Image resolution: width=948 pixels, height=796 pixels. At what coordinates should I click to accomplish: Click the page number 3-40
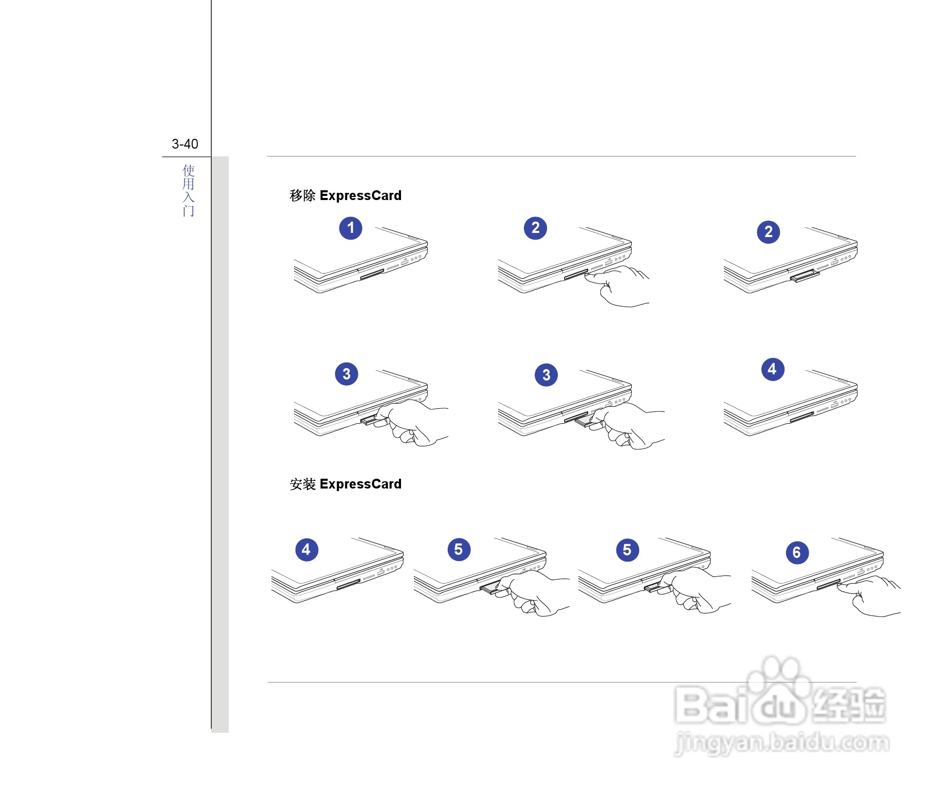(x=185, y=144)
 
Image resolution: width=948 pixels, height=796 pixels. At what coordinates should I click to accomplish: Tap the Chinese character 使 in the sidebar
(x=189, y=170)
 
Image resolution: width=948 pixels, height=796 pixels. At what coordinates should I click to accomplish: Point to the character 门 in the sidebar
(x=189, y=211)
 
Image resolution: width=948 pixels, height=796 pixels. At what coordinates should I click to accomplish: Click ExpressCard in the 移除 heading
(x=360, y=196)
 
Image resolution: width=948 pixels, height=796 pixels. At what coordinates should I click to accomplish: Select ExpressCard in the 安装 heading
(x=360, y=484)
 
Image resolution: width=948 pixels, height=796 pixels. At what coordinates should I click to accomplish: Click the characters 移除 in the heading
(x=302, y=196)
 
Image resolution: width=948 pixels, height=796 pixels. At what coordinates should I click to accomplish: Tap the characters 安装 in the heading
(x=302, y=484)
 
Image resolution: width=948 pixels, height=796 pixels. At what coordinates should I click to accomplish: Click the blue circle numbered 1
(x=351, y=228)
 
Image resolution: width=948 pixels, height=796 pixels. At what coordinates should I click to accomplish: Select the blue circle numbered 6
(x=797, y=553)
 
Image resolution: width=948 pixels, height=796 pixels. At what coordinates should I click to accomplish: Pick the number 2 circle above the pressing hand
(x=535, y=228)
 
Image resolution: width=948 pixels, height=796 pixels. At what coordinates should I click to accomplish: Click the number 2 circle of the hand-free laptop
(x=769, y=232)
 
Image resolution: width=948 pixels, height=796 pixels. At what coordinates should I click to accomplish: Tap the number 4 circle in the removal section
(x=772, y=369)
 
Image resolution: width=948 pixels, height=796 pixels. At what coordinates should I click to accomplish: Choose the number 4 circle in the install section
(x=306, y=550)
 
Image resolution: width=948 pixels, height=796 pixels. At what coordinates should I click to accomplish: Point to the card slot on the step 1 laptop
(x=372, y=274)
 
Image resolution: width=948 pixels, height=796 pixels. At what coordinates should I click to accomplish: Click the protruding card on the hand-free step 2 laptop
(x=805, y=277)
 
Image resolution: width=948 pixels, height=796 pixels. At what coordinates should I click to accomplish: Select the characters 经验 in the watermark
(x=848, y=704)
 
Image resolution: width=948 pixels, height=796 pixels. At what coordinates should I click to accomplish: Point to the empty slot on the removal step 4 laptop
(x=802, y=417)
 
